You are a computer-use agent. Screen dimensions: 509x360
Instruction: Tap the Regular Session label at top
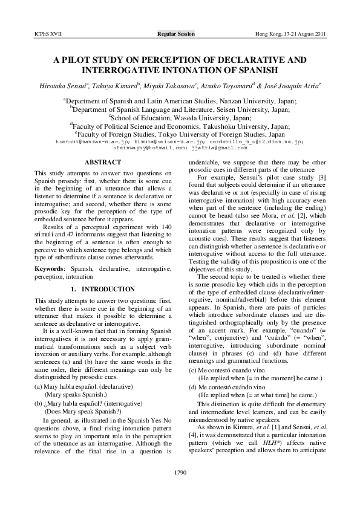176,34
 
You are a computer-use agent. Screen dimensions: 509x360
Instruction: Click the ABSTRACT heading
97,163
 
